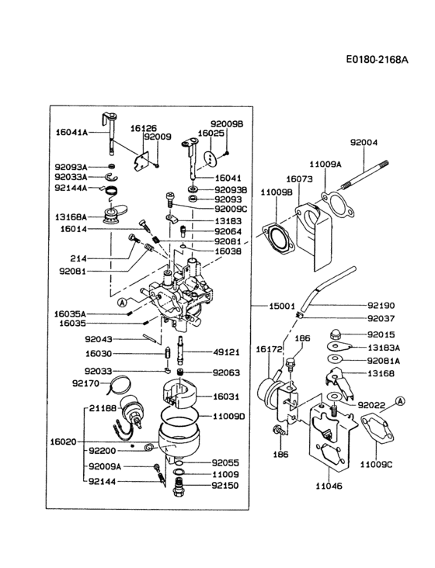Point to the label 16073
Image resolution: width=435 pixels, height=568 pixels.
coord(298,178)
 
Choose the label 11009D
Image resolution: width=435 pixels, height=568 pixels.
coord(230,417)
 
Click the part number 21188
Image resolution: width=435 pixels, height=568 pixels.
coord(103,408)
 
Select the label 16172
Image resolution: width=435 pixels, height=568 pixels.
coord(268,350)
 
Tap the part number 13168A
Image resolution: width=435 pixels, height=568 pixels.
coord(71,216)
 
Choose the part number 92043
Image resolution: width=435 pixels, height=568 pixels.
coord(99,338)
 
